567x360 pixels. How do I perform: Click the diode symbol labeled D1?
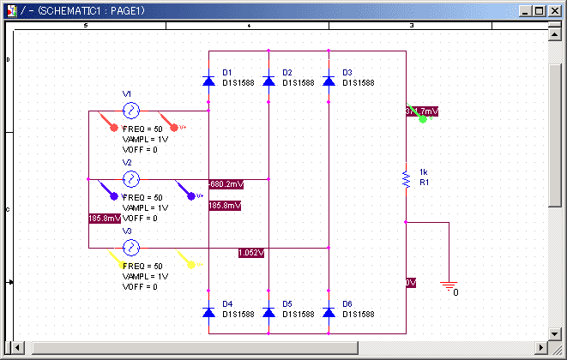pos(208,81)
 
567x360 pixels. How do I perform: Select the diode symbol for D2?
pos(268,81)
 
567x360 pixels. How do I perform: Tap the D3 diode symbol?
pos(329,81)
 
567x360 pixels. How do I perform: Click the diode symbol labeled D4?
pos(208,313)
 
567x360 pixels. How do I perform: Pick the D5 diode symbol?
pos(268,313)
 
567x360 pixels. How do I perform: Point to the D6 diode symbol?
pos(329,313)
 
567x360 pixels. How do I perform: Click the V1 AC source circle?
pos(131,111)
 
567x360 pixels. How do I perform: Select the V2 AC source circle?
pos(131,179)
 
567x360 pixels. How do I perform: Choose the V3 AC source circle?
pos(131,248)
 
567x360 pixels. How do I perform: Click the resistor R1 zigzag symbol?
pos(406,178)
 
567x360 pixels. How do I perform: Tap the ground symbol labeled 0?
pos(448,287)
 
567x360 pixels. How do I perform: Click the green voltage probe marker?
pos(422,119)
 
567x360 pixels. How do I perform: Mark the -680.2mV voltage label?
pos(226,184)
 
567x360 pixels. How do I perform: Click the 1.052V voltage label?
pos(251,253)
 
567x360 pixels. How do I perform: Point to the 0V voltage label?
pos(411,283)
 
